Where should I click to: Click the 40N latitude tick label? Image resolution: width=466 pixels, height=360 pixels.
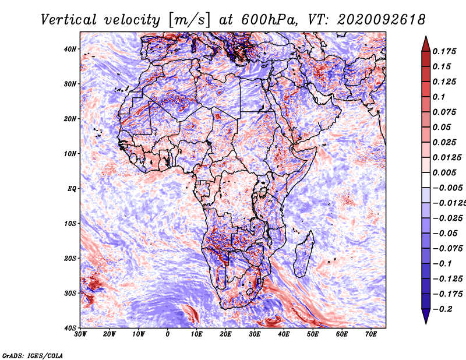click(70, 49)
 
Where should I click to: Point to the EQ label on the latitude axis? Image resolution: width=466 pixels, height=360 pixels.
click(72, 189)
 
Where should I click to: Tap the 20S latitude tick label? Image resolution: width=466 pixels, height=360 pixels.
click(70, 258)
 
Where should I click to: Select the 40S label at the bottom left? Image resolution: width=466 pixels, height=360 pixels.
click(70, 328)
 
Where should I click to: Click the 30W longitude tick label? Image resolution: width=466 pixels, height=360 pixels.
click(80, 334)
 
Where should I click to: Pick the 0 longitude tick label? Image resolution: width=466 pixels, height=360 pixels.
click(168, 334)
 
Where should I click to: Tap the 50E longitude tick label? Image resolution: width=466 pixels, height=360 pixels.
click(313, 334)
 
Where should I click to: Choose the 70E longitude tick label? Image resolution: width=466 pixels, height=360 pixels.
click(371, 334)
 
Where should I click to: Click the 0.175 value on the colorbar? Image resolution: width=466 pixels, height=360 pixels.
click(444, 51)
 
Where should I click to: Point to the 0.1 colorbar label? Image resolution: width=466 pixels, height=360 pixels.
click(439, 97)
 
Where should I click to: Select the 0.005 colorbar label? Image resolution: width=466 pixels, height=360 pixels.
click(444, 172)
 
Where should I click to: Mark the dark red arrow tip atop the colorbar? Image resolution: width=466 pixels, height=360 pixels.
click(426, 37)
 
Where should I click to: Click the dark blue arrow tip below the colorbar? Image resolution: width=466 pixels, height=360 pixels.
click(426, 323)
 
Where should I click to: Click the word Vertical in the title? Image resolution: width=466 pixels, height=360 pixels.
click(69, 20)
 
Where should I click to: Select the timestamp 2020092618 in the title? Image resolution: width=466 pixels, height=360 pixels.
click(382, 20)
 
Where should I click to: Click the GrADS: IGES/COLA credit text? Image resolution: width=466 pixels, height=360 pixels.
click(33, 355)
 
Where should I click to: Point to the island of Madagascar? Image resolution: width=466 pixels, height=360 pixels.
click(303, 255)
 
